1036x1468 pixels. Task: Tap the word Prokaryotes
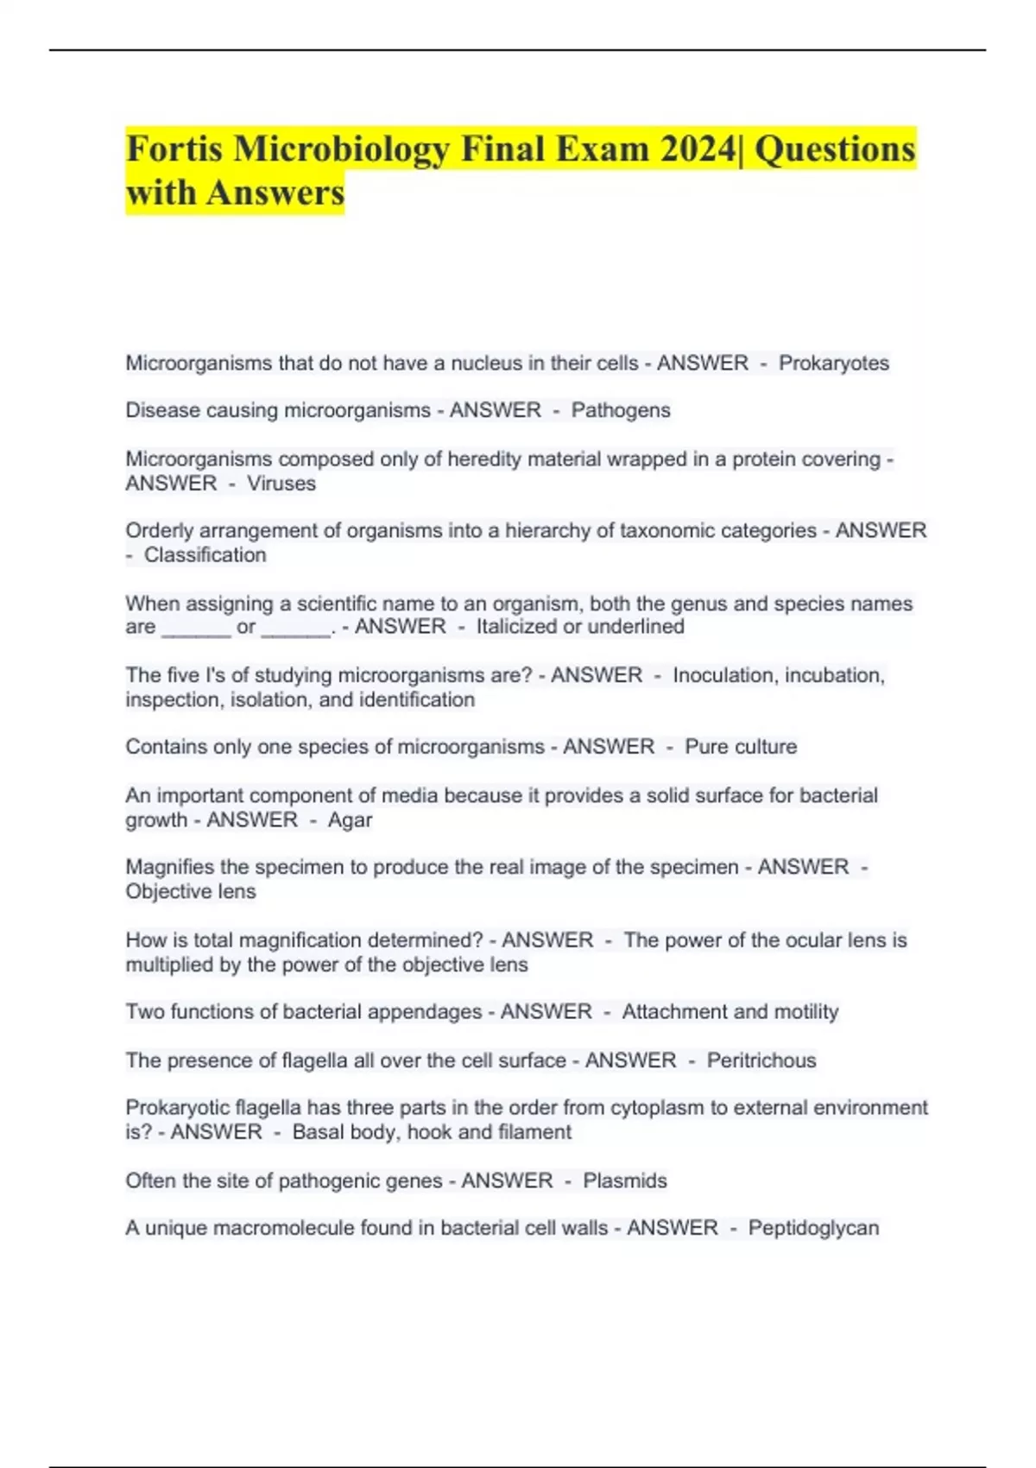tap(833, 363)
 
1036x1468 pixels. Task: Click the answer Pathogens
tap(621, 410)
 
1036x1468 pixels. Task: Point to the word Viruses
tap(281, 484)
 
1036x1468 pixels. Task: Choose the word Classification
tap(205, 555)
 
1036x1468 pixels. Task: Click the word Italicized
tap(516, 627)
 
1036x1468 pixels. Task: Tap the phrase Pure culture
tap(741, 747)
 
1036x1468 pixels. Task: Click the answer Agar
tap(350, 819)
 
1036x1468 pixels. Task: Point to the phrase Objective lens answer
tap(191, 891)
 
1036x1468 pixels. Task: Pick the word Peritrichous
tap(761, 1060)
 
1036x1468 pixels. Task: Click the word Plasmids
tap(625, 1180)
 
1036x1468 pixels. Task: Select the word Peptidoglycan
tap(813, 1228)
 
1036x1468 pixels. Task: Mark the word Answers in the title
tap(275, 192)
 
